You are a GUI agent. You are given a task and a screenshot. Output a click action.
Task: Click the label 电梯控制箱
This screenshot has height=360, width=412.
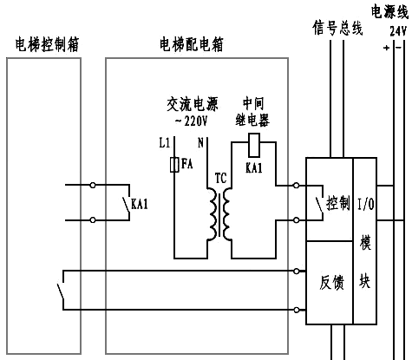(48, 43)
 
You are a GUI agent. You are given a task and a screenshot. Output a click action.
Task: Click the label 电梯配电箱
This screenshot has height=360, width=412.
(192, 43)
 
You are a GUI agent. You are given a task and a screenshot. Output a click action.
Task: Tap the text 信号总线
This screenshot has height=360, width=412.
(337, 28)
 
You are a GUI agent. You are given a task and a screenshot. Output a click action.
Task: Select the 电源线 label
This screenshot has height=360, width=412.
(389, 11)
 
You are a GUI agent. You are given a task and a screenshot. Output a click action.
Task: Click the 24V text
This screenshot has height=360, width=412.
(398, 29)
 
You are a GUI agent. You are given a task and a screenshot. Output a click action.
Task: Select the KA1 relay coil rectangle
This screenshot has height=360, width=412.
(254, 141)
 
